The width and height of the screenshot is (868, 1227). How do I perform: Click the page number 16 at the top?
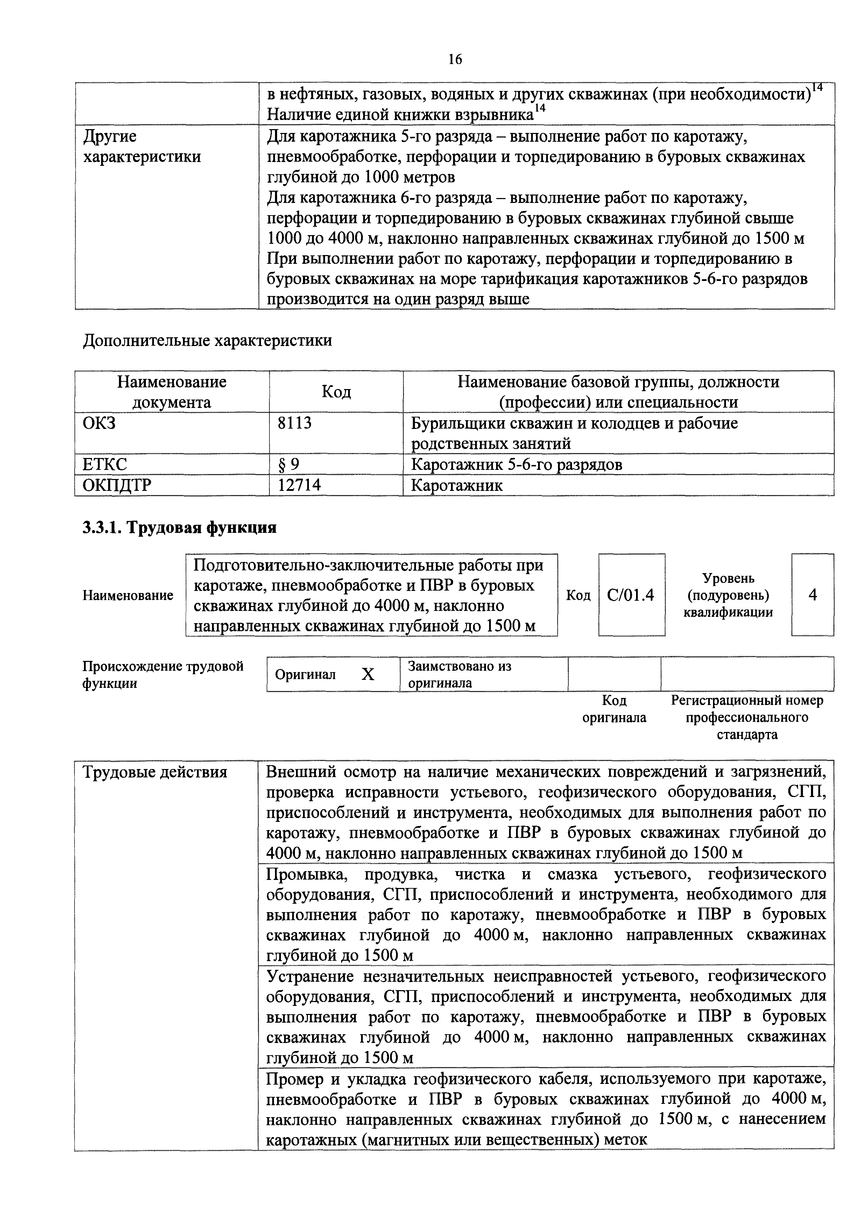pyautogui.click(x=455, y=60)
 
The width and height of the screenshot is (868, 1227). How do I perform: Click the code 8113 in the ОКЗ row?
pyautogui.click(x=295, y=423)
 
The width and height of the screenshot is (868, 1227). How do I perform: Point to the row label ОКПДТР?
pyautogui.click(x=117, y=485)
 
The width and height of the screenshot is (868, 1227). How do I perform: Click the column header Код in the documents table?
pyautogui.click(x=336, y=392)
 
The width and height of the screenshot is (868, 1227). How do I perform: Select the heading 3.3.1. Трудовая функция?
pyautogui.click(x=179, y=528)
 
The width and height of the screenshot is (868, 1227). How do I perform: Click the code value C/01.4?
pyautogui.click(x=631, y=595)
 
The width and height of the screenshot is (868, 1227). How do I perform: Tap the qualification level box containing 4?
pyautogui.click(x=812, y=595)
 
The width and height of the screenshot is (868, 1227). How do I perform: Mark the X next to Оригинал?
pyautogui.click(x=368, y=675)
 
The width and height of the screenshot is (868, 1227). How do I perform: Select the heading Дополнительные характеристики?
pyautogui.click(x=207, y=340)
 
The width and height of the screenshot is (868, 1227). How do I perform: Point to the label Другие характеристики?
pyautogui.click(x=142, y=147)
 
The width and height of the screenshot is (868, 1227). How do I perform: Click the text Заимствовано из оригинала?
pyautogui.click(x=459, y=675)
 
